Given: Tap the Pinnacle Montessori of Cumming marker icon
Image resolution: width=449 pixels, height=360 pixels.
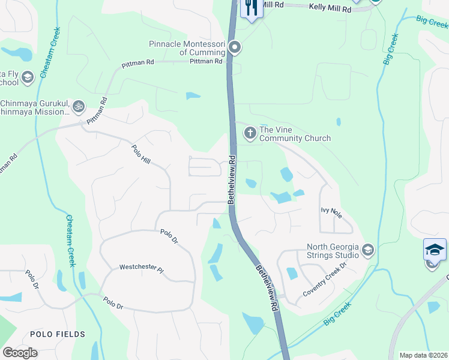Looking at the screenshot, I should [x=235, y=47].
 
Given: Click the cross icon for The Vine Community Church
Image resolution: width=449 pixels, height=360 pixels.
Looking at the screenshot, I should [x=250, y=133].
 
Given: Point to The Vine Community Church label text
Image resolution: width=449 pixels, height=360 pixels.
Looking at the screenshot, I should [x=294, y=134].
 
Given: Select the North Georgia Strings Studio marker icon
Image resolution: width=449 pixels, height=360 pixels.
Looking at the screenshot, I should [x=368, y=250].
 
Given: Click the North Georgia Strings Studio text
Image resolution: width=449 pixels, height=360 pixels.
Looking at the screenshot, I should [x=333, y=251].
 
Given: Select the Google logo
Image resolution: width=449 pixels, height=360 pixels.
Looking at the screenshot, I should [x=20, y=353].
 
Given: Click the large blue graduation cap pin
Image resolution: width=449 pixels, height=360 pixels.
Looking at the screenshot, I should [x=435, y=249].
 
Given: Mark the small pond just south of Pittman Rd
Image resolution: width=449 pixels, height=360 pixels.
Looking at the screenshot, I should [x=193, y=95].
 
